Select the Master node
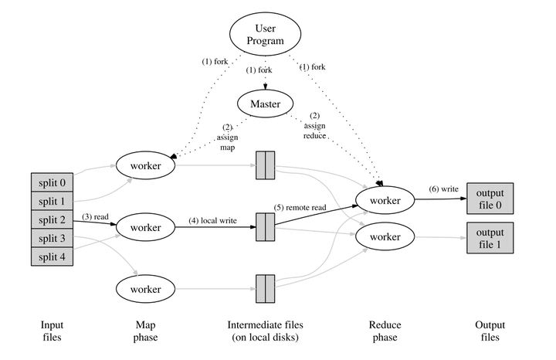265,102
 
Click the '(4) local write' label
212,222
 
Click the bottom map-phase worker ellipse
145,289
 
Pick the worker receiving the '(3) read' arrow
145,228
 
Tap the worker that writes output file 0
384,200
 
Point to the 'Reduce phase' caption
384,331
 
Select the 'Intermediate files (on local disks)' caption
265,331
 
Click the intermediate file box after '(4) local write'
265,227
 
